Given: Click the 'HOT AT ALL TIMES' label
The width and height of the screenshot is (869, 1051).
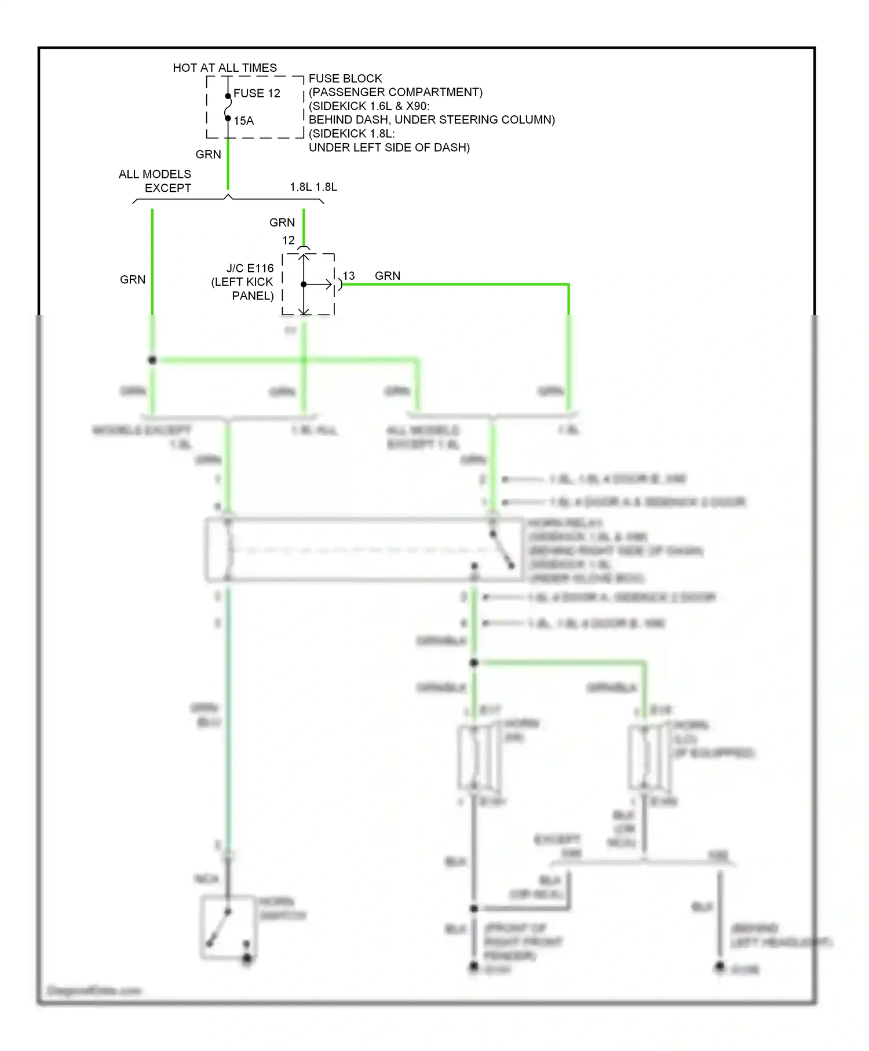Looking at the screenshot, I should click(x=225, y=68).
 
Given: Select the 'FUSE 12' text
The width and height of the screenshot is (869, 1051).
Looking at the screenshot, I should click(x=257, y=93).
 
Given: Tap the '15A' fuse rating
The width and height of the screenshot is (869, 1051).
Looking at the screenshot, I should click(x=244, y=121).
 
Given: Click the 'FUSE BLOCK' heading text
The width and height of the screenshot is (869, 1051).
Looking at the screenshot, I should click(x=345, y=78).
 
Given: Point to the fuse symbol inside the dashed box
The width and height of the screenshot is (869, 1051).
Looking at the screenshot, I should click(x=228, y=107).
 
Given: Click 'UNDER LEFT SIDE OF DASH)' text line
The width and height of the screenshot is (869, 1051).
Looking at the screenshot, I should click(x=389, y=147).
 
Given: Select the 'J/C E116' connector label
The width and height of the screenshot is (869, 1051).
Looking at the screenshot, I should click(x=250, y=268).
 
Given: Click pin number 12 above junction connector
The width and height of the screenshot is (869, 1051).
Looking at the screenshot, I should click(x=289, y=240).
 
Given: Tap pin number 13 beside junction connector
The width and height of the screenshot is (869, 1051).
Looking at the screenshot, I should click(x=349, y=276).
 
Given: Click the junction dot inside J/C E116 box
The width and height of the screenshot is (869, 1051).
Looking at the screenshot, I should click(x=304, y=284).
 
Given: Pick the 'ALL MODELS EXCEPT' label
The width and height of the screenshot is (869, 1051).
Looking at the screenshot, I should click(x=155, y=181).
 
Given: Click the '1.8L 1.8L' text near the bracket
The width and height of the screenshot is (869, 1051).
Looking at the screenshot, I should click(x=313, y=187).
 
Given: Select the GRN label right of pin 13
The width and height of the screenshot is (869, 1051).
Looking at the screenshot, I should click(x=388, y=276).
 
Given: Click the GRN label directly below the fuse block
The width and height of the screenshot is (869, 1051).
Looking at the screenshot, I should click(x=208, y=154).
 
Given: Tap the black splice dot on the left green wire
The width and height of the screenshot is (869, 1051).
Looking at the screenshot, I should click(x=152, y=360).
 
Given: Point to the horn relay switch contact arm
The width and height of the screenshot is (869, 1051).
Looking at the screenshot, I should click(x=502, y=550).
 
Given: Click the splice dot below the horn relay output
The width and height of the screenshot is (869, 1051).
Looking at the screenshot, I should click(x=474, y=662).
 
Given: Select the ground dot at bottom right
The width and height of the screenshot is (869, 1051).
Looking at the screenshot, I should click(x=720, y=966).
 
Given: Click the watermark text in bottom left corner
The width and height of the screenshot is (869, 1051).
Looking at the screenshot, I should click(x=94, y=990).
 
